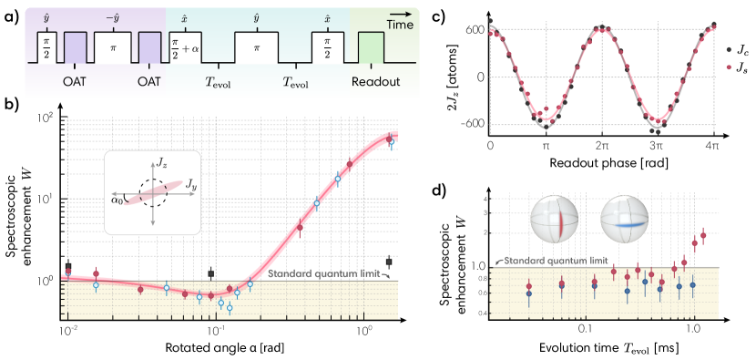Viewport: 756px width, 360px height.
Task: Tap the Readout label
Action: (376, 81)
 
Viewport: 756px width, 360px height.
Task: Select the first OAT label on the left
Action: (76, 81)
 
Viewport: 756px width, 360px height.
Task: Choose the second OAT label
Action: (148, 81)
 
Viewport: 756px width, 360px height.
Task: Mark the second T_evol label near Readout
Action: (295, 81)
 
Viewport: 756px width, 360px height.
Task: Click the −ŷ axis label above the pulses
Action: (113, 17)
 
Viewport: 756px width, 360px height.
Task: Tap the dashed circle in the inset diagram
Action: (152, 192)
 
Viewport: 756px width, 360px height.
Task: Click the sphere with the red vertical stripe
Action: (553, 219)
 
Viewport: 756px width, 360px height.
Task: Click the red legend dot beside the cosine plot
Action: (729, 67)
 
